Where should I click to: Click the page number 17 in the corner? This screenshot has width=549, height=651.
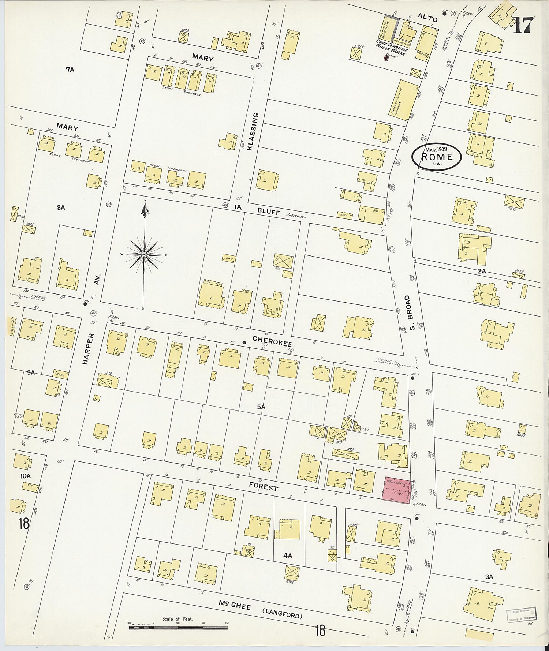click(524, 25)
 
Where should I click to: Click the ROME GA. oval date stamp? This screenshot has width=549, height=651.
click(437, 157)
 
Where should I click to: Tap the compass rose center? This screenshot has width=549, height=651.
click(144, 254)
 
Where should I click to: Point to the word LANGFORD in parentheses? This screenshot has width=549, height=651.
click(282, 613)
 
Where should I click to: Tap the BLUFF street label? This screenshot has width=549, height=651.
click(268, 211)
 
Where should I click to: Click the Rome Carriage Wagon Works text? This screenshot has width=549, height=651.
click(391, 48)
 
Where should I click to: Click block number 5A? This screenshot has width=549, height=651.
click(261, 407)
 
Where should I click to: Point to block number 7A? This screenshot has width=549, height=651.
click(70, 70)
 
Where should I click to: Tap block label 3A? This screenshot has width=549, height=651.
click(489, 577)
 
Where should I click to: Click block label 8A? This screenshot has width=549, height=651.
click(61, 207)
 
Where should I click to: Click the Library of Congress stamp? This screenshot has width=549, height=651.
click(521, 614)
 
